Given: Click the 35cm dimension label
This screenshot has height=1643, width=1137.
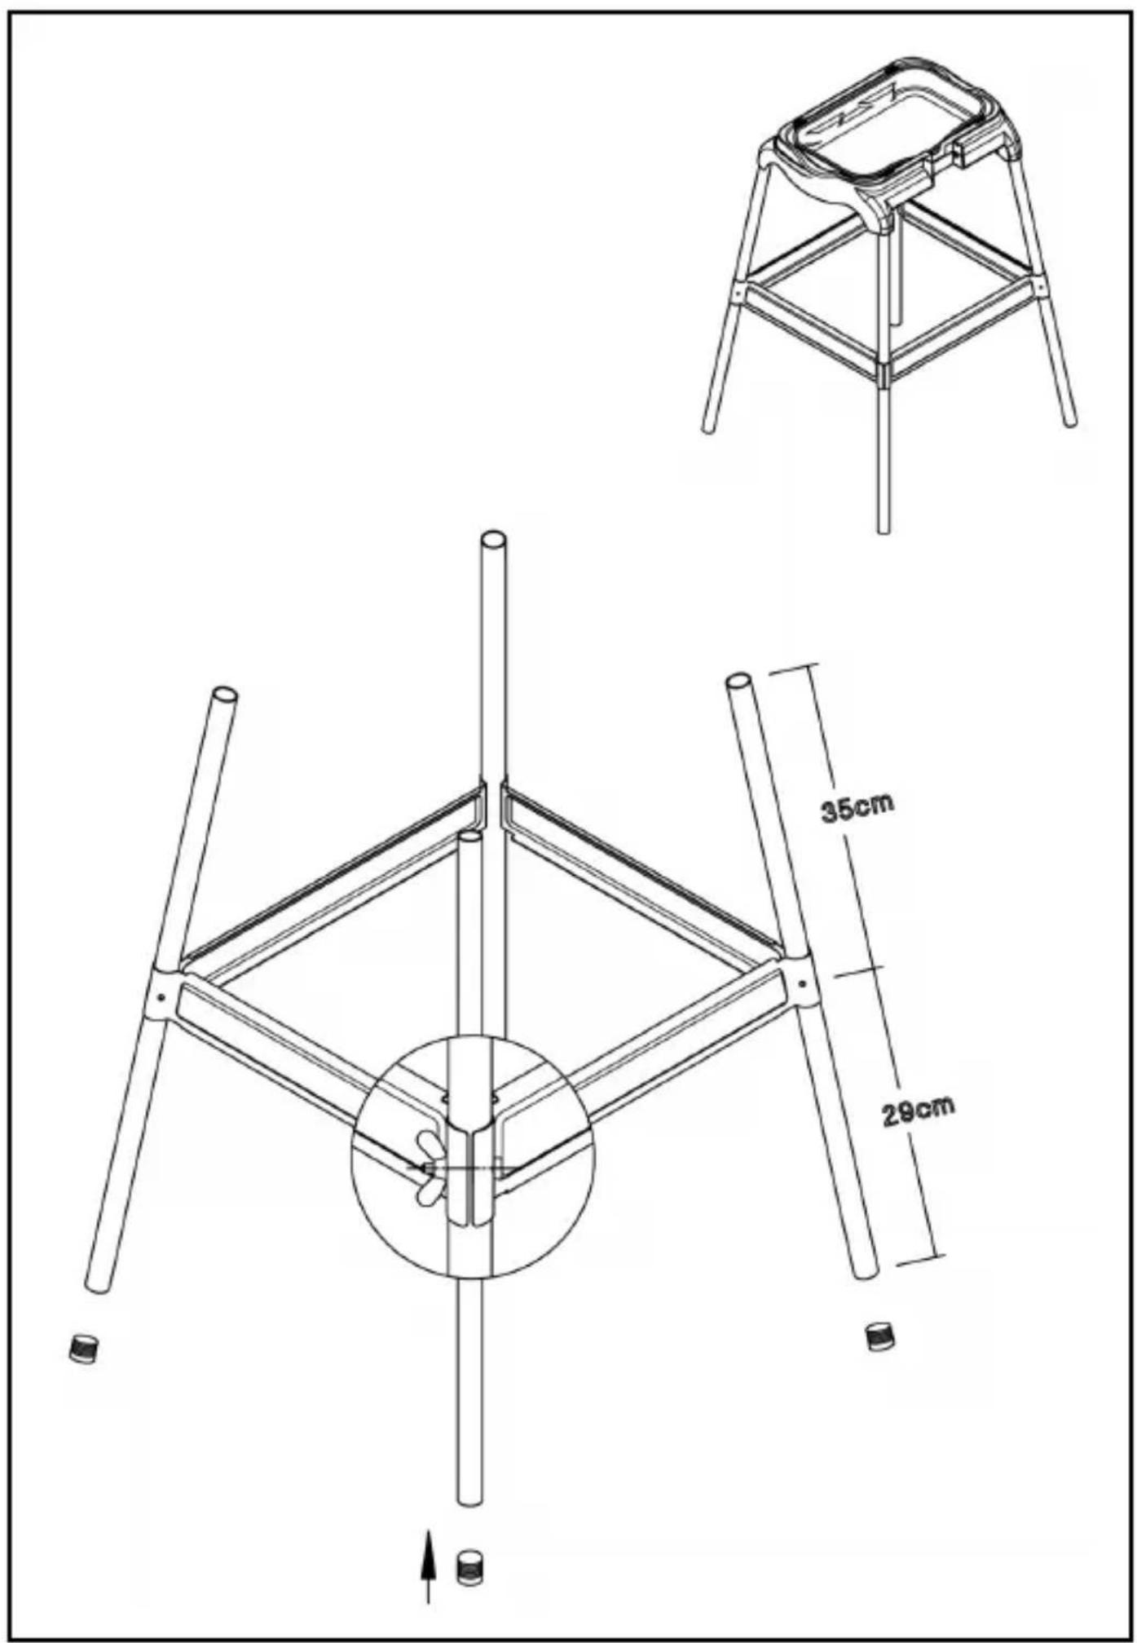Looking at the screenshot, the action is (857, 806).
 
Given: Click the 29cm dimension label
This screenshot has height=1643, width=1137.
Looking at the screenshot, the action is (919, 1111).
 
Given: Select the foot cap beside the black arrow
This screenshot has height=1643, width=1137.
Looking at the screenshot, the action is (469, 1567).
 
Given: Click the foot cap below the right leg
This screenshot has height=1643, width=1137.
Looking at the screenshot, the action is (879, 1336).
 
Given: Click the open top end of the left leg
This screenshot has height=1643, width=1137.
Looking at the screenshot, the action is (225, 695).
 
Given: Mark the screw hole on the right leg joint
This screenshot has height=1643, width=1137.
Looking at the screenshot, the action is (800, 983).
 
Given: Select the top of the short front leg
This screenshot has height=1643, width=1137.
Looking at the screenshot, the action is (470, 837).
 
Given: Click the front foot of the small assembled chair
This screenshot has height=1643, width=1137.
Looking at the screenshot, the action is (883, 528).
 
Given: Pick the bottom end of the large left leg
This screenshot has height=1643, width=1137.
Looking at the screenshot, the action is (96, 1283).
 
